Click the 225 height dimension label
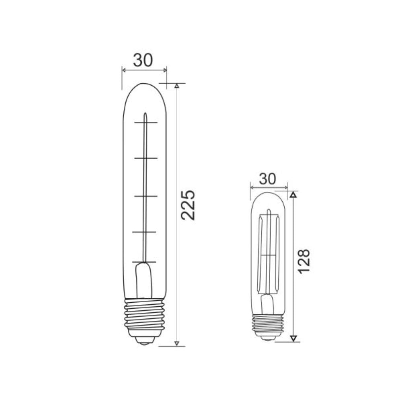click(x=188, y=204)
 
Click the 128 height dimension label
click(x=304, y=261)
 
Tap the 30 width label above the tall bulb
click(x=143, y=60)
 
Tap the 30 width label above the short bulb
click(x=267, y=179)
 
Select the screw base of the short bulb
click(x=268, y=324)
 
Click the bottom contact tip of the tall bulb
click(x=145, y=341)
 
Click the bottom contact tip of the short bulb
click(x=268, y=338)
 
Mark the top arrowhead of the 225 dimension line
click(x=176, y=86)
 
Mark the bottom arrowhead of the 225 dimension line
click(x=176, y=343)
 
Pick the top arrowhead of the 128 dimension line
click(x=293, y=195)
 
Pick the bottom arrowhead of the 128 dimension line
click(x=293, y=338)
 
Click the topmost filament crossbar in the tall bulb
click(x=146, y=122)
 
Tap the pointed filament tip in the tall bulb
click(x=146, y=114)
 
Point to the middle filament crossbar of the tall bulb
click(x=145, y=196)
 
